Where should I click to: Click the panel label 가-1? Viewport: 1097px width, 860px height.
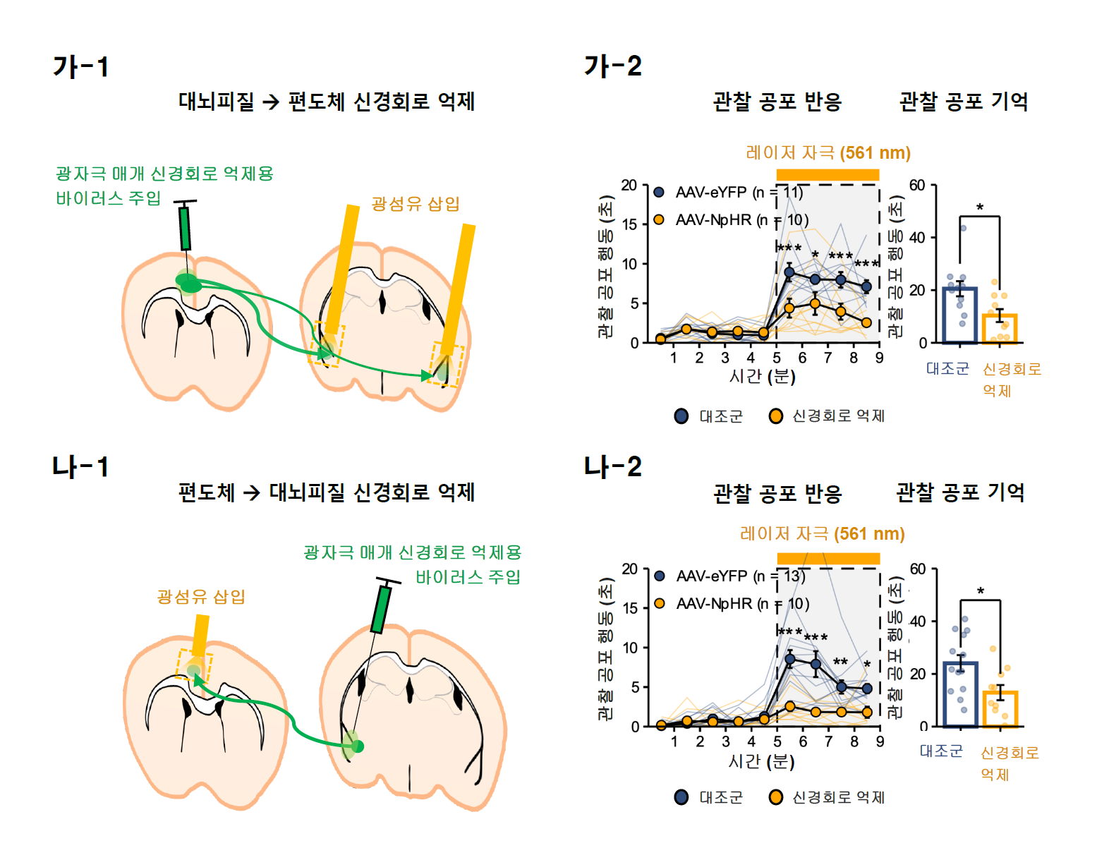click(x=81, y=67)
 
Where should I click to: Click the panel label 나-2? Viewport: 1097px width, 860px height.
click(x=612, y=466)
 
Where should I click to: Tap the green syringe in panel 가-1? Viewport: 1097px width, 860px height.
click(x=185, y=226)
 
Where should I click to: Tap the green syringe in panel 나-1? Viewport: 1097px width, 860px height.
click(x=381, y=608)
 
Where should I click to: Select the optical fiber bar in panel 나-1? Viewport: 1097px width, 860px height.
click(x=200, y=636)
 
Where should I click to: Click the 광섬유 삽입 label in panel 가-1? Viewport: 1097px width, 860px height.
click(x=416, y=204)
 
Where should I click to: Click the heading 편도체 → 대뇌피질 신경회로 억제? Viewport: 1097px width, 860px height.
click(x=326, y=492)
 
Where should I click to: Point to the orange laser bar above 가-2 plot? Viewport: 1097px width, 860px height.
click(x=828, y=174)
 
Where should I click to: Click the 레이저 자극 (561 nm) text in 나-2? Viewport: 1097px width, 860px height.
click(x=822, y=533)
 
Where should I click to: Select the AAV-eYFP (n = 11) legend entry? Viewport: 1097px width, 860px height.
click(x=729, y=192)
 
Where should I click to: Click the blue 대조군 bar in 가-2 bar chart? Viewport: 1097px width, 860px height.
click(x=959, y=315)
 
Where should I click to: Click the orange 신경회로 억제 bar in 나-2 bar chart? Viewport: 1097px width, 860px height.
click(x=1000, y=708)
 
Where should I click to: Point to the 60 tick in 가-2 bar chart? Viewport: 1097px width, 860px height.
click(x=916, y=186)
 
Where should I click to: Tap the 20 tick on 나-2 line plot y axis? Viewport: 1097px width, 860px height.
click(x=629, y=569)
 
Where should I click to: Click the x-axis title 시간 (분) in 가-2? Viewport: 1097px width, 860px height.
click(x=762, y=376)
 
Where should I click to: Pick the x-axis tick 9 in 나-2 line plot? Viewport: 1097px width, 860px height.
click(x=880, y=741)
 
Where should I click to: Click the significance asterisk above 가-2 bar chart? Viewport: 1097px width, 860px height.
click(x=980, y=207)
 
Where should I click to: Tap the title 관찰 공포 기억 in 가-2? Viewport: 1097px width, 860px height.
click(x=963, y=102)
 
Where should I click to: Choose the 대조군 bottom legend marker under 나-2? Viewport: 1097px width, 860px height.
click(x=681, y=797)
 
